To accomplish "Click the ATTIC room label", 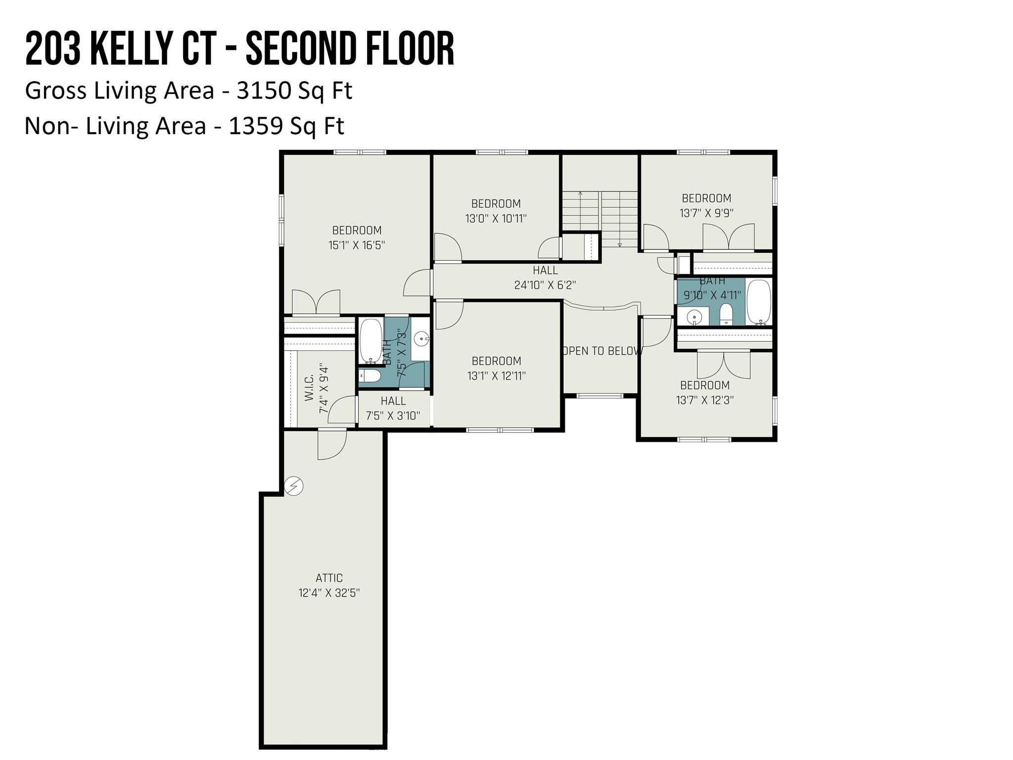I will point(329,577).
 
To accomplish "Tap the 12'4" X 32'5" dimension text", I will point(329,593).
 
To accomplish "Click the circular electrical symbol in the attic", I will point(293,486).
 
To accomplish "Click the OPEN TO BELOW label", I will point(602,351).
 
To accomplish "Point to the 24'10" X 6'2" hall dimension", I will point(545,285).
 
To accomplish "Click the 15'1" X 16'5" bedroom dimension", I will point(357,245).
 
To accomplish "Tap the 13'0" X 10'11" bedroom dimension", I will point(496,218).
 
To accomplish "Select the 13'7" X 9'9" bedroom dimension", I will point(706,213).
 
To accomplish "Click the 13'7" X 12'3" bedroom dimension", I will point(705,400).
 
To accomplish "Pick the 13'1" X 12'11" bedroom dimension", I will point(496,376).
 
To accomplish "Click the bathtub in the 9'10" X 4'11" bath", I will point(759,302).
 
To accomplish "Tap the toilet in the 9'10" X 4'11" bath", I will point(726,315).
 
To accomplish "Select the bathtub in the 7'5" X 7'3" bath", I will point(370,341).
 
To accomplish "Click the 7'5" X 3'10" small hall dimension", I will point(393,416).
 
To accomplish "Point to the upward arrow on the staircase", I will point(580,195).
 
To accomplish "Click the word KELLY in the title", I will point(130,48).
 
